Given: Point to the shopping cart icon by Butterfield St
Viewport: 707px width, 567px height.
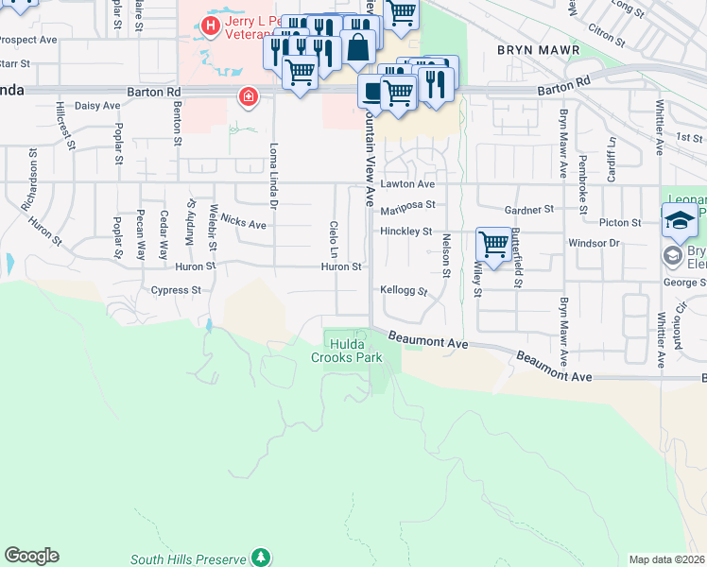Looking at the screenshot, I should pos(493,245).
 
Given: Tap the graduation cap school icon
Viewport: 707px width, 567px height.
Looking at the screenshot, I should pos(679,221).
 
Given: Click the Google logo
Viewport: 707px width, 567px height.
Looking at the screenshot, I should pos(31,556).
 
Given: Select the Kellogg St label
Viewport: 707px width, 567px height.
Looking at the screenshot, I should pos(404,291).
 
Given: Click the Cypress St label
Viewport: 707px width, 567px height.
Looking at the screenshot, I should pos(176,291).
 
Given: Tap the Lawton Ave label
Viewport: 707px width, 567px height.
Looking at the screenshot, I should pos(407,183).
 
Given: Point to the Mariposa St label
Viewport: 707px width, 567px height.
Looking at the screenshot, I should pos(407,205).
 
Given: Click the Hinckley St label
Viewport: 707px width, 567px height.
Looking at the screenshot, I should pos(405,232).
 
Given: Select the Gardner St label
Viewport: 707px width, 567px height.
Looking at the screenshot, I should pos(528,209).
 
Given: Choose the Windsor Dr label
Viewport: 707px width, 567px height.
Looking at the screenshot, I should pos(594,243).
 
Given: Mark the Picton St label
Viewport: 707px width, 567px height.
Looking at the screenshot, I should pos(620,223).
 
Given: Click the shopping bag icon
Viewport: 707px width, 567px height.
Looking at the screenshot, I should pos(358,45).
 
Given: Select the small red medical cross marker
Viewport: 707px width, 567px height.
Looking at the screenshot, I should pos(248,95).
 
